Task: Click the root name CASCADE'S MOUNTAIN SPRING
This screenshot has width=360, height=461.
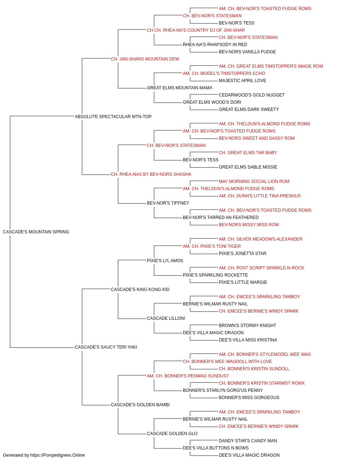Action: (x=36, y=232)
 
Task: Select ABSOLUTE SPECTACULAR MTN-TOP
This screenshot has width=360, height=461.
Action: (x=113, y=117)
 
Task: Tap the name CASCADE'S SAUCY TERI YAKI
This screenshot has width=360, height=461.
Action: (x=106, y=347)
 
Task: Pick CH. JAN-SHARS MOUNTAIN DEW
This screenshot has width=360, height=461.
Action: (x=145, y=59)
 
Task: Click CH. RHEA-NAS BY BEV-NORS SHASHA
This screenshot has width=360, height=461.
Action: (x=151, y=174)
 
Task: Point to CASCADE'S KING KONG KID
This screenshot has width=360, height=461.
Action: (x=140, y=290)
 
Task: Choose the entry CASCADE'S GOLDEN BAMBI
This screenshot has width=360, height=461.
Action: (x=140, y=405)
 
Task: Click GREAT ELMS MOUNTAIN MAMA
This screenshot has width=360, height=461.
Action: (x=180, y=88)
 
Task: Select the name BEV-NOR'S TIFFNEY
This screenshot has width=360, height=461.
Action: (x=168, y=203)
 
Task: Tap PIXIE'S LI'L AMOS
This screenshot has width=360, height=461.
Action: (x=165, y=261)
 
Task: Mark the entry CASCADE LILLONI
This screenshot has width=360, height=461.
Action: (x=166, y=318)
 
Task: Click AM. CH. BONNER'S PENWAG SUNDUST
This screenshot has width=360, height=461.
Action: (x=188, y=376)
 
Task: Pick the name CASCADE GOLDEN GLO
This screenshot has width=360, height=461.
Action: (x=172, y=434)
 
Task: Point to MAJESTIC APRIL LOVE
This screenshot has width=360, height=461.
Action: (x=242, y=81)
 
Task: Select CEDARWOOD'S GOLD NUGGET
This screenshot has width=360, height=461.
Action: (x=252, y=95)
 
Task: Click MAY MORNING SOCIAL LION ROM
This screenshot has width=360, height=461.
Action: (x=254, y=182)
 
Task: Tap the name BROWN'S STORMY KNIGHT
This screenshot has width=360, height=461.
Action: (x=247, y=326)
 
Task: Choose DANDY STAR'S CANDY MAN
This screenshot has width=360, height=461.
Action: (x=248, y=441)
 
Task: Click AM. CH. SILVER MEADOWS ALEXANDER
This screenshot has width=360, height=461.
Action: (x=261, y=239)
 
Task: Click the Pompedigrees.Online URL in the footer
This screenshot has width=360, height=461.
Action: (x=58, y=455)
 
